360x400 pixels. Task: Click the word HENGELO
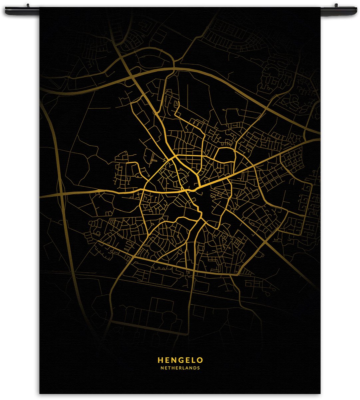coord(180,360)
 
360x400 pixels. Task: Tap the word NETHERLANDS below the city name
coord(180,368)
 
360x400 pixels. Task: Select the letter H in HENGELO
coord(160,360)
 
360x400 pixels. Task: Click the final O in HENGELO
coord(200,360)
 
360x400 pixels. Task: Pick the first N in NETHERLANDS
coord(162,368)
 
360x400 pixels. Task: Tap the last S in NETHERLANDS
coord(198,368)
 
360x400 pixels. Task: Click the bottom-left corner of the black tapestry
coord(40,393)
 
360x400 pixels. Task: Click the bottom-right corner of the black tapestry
coord(320,393)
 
